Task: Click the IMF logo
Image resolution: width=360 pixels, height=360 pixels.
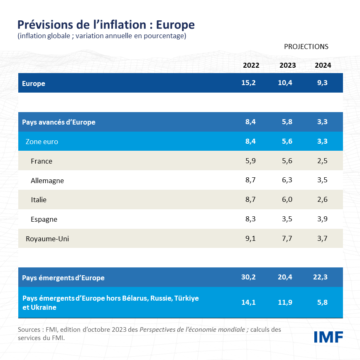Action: click(328, 337)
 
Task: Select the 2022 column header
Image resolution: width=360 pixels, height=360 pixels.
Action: click(251, 65)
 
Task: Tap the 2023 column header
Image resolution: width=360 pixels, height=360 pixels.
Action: click(288, 65)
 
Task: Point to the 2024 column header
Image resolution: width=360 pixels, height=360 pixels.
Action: click(323, 65)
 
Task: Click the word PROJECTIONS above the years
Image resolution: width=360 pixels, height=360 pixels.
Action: click(306, 47)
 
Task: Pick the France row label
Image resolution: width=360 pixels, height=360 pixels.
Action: click(42, 161)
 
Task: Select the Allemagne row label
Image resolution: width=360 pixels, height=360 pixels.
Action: click(47, 181)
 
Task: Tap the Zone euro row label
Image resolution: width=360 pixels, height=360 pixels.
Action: click(42, 142)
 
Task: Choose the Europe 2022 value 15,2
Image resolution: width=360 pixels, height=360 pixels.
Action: click(248, 83)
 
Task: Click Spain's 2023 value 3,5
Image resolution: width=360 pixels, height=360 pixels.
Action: click(287, 219)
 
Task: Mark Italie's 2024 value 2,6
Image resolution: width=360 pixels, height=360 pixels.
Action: click(322, 200)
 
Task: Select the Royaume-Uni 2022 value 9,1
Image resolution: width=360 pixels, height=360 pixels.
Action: click(250, 239)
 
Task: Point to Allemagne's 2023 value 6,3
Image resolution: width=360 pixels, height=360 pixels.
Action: click(287, 181)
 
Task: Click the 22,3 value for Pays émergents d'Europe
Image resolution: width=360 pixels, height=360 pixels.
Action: click(320, 277)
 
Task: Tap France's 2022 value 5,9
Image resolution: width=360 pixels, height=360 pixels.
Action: click(250, 161)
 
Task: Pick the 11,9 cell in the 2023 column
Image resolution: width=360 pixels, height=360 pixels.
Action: click(285, 302)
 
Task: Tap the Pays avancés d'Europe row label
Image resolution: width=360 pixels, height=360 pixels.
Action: click(59, 122)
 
